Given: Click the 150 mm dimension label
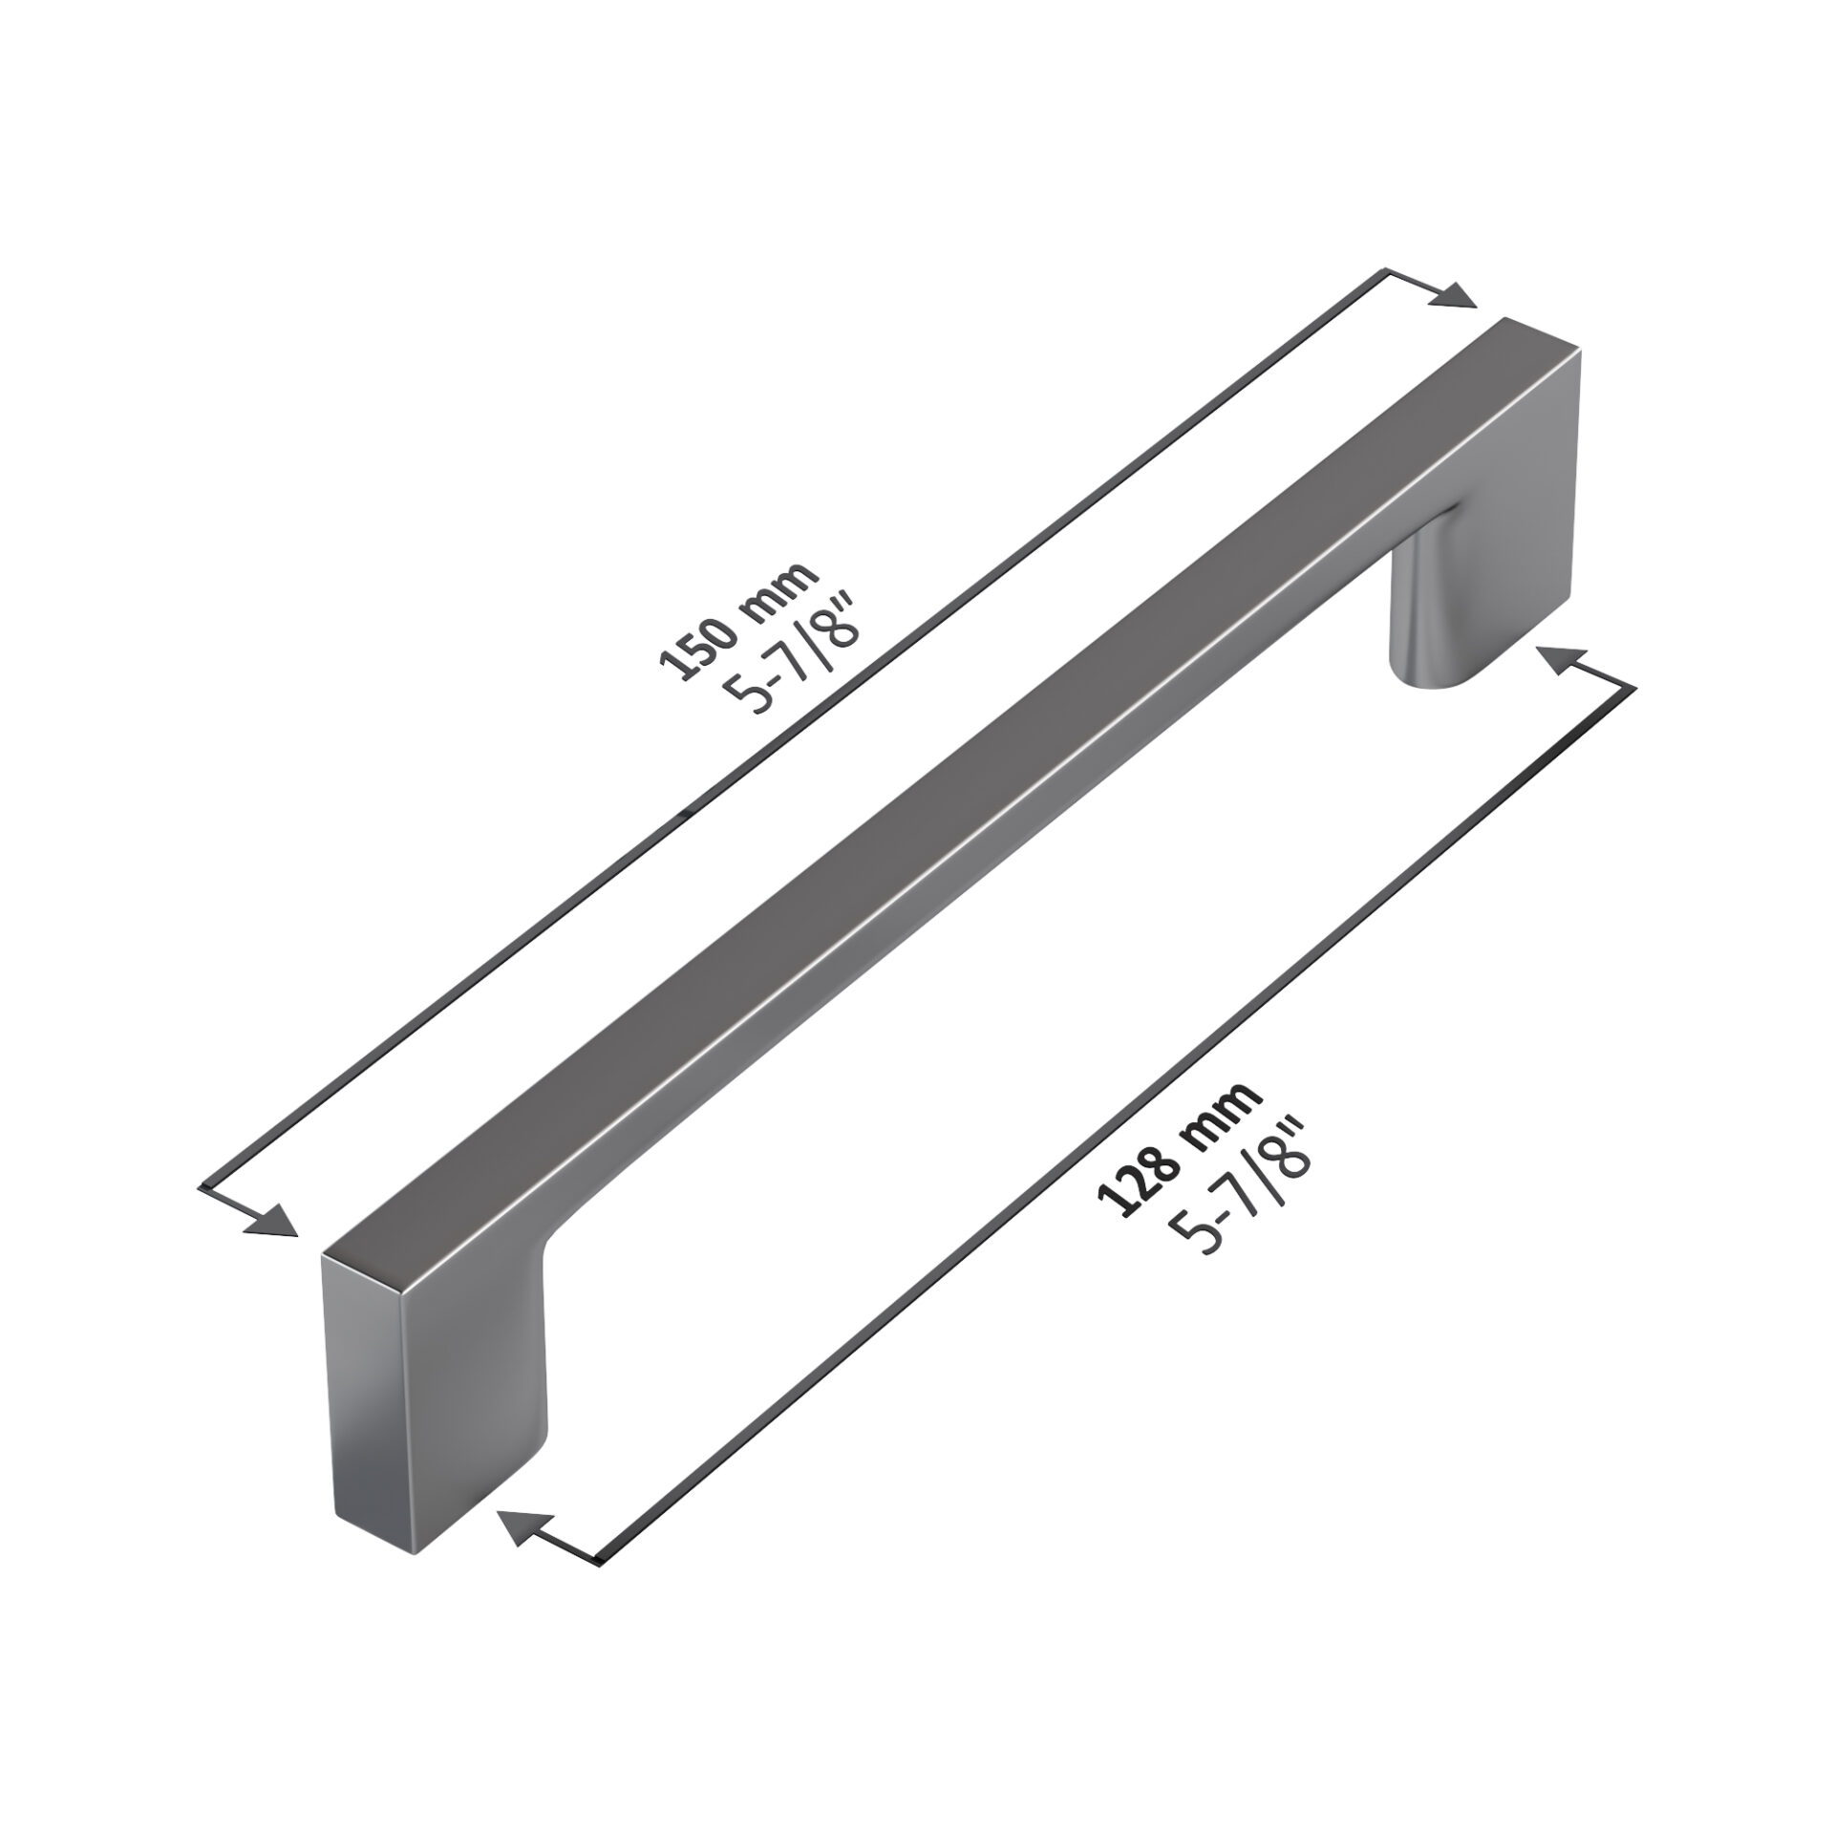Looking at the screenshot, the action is click(x=740, y=623).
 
